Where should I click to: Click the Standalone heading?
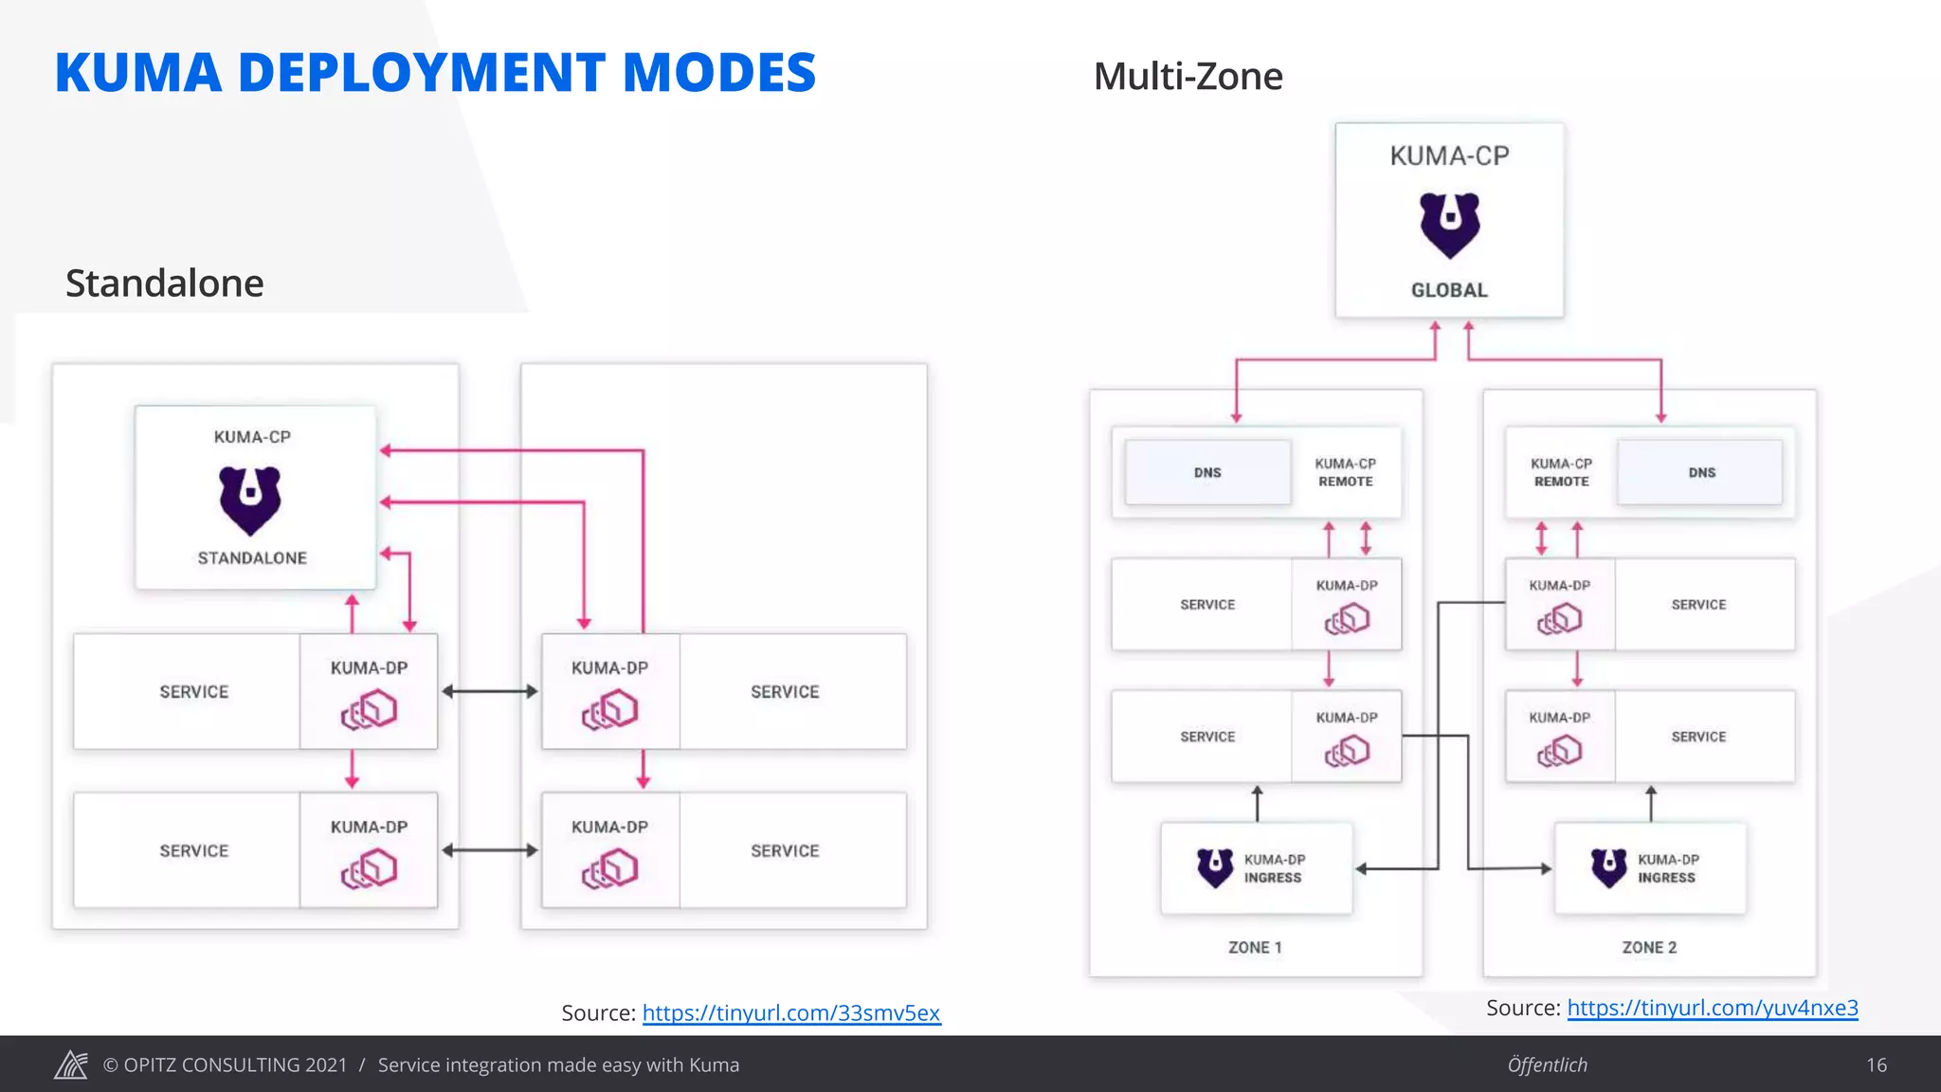coord(164,282)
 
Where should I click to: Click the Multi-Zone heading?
coord(1188,76)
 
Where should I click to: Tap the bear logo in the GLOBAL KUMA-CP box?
coord(1449,225)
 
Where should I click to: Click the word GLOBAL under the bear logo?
coord(1449,290)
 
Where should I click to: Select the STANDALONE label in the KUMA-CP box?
coord(252,558)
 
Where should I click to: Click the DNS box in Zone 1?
coord(1207,472)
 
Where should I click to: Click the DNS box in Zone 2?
coord(1701,472)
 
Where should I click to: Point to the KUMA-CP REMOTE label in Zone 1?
coord(1345,472)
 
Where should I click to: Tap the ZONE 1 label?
coord(1255,947)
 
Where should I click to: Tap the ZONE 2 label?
coord(1649,947)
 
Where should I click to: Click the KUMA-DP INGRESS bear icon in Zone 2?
coord(1608,867)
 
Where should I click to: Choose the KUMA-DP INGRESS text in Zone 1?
coord(1274,868)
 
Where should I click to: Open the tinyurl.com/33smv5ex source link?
coord(790,1012)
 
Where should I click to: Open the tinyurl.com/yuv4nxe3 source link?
coord(1712,1008)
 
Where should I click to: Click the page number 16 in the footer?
coord(1877,1065)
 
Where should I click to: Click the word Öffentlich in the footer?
coord(1547,1065)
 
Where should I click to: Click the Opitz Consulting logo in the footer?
coord(71,1065)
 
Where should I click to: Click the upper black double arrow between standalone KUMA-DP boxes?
coord(489,691)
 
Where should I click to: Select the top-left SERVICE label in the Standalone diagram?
coord(194,692)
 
